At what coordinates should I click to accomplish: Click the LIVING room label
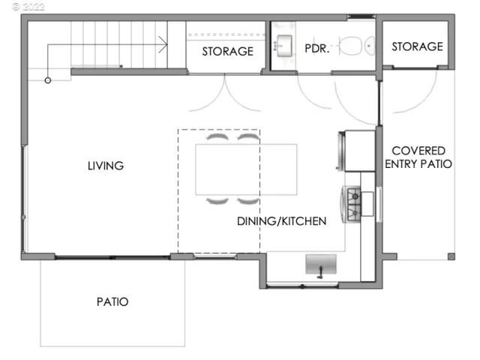(105, 166)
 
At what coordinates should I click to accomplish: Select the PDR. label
(316, 50)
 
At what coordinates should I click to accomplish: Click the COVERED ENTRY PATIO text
(418, 157)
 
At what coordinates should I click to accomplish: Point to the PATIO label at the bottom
(112, 301)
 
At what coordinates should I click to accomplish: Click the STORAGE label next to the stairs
(227, 52)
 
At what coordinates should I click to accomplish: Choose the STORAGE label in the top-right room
(417, 46)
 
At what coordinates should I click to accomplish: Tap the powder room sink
(284, 46)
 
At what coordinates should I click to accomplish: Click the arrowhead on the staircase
(163, 46)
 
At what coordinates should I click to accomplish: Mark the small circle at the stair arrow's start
(48, 80)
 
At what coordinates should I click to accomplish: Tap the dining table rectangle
(246, 169)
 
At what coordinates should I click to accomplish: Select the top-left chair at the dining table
(217, 139)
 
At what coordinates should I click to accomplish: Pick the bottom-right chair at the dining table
(247, 199)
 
